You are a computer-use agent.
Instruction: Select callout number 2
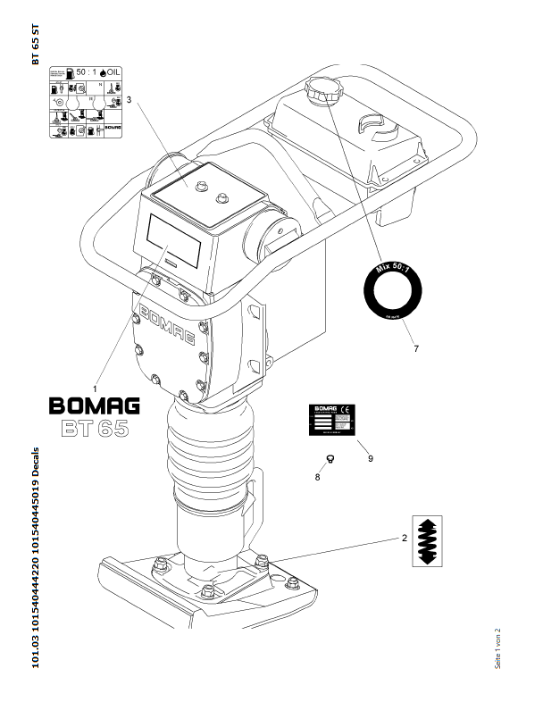pyautogui.click(x=405, y=539)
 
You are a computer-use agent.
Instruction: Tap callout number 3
pyautogui.click(x=129, y=100)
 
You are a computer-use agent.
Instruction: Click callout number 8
pyautogui.click(x=317, y=477)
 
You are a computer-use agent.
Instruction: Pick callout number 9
pyautogui.click(x=370, y=458)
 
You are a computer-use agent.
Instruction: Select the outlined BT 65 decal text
pyautogui.click(x=94, y=428)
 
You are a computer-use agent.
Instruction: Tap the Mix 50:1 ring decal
pyautogui.click(x=392, y=288)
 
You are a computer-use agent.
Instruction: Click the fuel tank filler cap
pyautogui.click(x=319, y=90)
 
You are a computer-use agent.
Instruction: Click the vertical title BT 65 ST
pyautogui.click(x=36, y=44)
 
